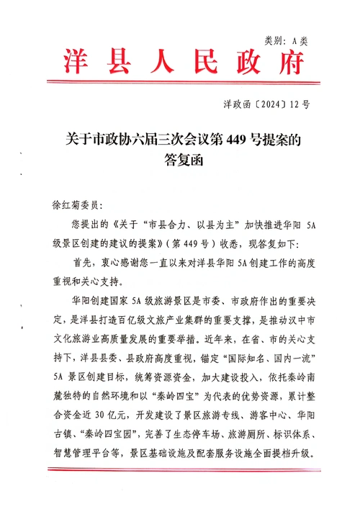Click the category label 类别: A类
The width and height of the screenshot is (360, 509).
(x=286, y=42)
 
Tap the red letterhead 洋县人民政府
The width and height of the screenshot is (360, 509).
(x=180, y=63)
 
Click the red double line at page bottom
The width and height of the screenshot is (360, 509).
(x=180, y=469)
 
